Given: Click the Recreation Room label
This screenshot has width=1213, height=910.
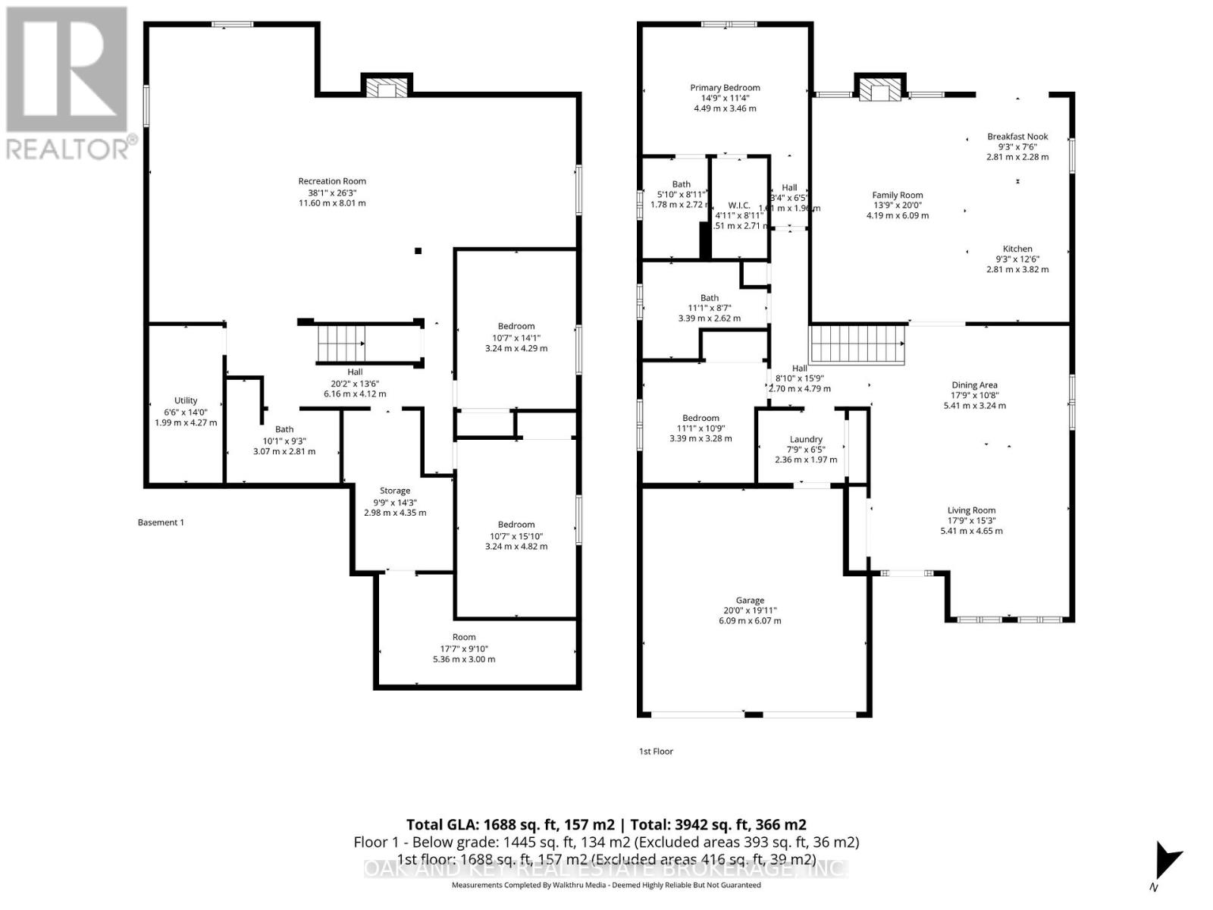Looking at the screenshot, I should click(332, 181).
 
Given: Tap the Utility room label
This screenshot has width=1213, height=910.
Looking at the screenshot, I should click(186, 400).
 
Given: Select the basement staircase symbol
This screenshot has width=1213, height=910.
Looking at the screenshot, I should click(340, 344).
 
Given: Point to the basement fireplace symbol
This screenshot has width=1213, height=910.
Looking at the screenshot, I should click(386, 86).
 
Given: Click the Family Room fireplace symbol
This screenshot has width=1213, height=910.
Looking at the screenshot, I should click(880, 88).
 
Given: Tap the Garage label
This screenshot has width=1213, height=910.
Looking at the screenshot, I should click(750, 600).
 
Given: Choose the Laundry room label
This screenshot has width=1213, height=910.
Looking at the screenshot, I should click(806, 439).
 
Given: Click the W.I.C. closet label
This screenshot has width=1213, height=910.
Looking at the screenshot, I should click(738, 206).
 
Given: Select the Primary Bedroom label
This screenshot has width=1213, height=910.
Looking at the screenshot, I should click(725, 88).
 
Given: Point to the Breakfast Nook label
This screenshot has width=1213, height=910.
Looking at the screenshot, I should click(1017, 136).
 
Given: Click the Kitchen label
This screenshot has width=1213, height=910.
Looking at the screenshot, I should click(1017, 249).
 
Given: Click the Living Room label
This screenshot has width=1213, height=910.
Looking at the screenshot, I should click(971, 510).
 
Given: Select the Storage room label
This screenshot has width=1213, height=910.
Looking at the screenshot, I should click(395, 491).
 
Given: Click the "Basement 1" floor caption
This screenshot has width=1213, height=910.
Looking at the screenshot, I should click(161, 522).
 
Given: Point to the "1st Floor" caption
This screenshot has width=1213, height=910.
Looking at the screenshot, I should click(656, 752).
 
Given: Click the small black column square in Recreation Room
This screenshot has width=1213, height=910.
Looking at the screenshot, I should click(418, 251).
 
